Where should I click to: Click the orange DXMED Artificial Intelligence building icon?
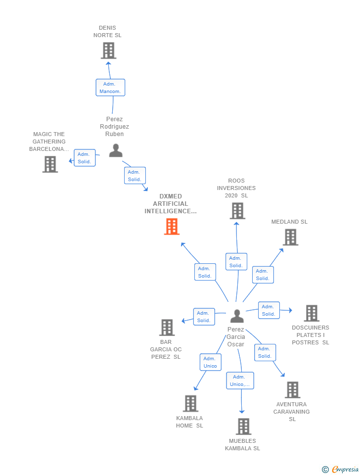click(172, 227)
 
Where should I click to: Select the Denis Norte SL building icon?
click(108, 50)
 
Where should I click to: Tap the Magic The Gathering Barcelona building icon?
click(50, 164)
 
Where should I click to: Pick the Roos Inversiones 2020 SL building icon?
click(237, 211)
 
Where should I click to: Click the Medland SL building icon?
click(290, 237)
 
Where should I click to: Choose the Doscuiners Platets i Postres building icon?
click(311, 313)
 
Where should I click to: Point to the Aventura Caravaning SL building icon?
click(292, 390)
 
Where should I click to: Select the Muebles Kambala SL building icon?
click(243, 427)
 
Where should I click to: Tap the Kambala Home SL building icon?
click(190, 404)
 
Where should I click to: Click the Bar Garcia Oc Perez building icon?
click(167, 328)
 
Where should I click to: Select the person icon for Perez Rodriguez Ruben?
click(116, 150)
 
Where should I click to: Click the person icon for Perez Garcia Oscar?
click(237, 316)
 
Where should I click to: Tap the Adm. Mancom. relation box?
click(110, 88)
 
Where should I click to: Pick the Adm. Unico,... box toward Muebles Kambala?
click(240, 380)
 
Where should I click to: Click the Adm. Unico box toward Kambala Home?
click(210, 362)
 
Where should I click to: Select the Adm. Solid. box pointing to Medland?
click(263, 275)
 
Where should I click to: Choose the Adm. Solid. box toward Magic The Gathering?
click(85, 158)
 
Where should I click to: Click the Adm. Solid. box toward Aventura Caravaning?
click(265, 352)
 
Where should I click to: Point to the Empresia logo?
click(341, 469)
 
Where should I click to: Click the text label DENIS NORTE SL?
click(107, 32)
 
